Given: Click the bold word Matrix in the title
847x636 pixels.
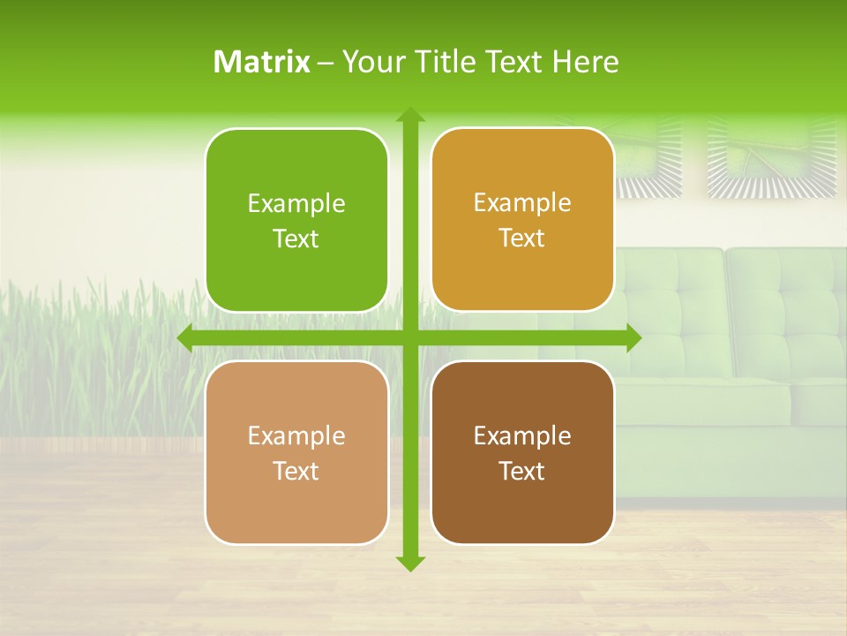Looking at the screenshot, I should [262, 62].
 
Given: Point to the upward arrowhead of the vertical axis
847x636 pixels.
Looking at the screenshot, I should [409, 116].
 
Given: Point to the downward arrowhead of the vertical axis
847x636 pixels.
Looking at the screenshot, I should [409, 563].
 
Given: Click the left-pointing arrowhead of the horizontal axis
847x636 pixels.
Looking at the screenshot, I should [185, 338].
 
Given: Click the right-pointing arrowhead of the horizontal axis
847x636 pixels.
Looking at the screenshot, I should [633, 338].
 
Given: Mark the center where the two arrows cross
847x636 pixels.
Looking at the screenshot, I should [409, 338].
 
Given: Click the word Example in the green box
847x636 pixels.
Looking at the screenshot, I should [296, 204].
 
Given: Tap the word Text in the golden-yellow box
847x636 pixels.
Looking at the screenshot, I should [522, 238].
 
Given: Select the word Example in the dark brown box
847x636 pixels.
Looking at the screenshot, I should [522, 435].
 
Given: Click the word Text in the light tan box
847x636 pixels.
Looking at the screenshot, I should [296, 471].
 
